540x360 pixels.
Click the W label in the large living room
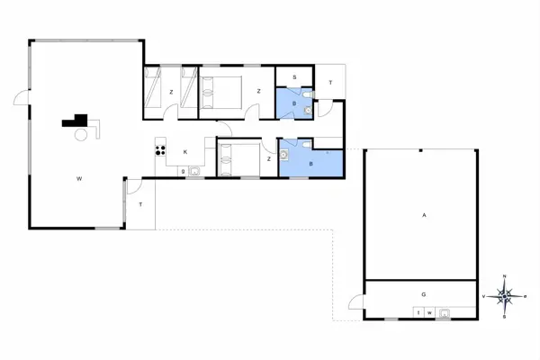pyautogui.click(x=79, y=179)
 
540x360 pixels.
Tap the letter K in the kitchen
pyautogui.click(x=184, y=152)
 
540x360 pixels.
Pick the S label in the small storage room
pyautogui.click(x=294, y=78)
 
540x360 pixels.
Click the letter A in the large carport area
pyautogui.click(x=423, y=215)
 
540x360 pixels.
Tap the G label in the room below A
pyautogui.click(x=423, y=294)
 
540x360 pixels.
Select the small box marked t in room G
pyautogui.click(x=418, y=312)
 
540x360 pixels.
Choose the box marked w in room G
pyautogui.click(x=430, y=312)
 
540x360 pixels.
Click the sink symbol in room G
pyautogui.click(x=444, y=312)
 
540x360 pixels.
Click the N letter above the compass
pyautogui.click(x=505, y=275)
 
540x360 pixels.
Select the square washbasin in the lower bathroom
pyautogui.click(x=284, y=155)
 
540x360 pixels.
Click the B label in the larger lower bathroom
pyautogui.click(x=311, y=164)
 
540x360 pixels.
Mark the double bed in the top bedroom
pyautogui.click(x=221, y=91)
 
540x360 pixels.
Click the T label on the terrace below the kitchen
pyautogui.click(x=140, y=205)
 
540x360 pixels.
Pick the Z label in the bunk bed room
pyautogui.click(x=171, y=92)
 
